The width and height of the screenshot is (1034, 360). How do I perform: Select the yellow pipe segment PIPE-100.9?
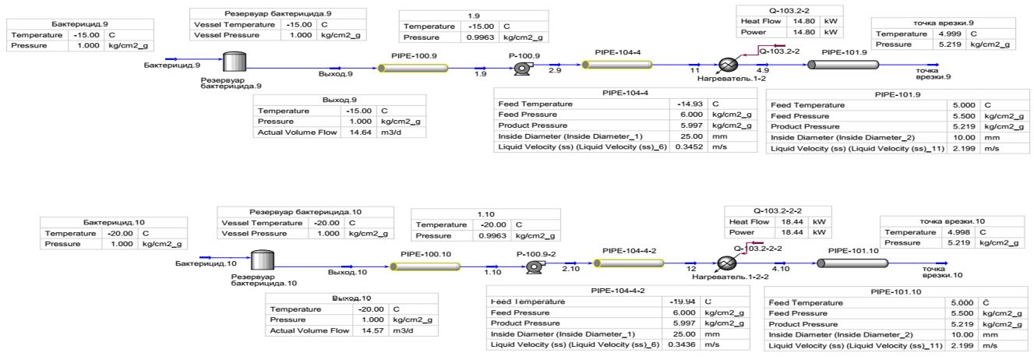(414, 68)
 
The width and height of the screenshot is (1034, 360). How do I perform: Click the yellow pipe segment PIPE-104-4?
(617, 65)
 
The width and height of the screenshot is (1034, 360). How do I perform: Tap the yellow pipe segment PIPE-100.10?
(425, 266)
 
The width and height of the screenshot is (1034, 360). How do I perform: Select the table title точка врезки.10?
(947, 221)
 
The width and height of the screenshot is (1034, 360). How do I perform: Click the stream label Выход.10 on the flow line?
(347, 272)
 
